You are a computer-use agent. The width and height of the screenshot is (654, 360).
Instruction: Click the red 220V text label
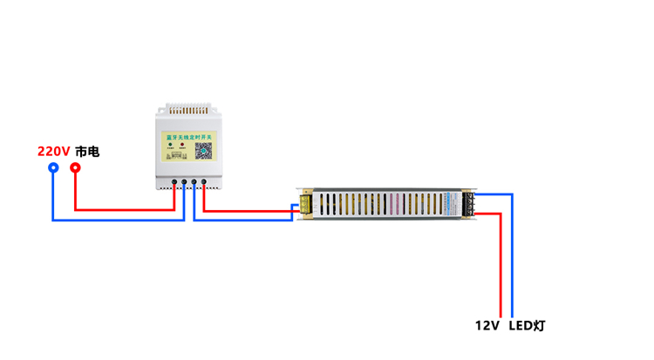[53, 152]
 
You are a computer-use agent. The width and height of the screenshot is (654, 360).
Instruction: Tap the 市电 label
[87, 152]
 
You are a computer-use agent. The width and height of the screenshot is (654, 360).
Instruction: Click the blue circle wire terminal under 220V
[53, 167]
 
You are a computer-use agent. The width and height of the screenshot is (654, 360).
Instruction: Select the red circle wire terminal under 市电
[75, 167]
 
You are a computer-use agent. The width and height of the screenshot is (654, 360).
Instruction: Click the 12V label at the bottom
[487, 326]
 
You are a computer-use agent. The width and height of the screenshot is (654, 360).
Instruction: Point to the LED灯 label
[528, 326]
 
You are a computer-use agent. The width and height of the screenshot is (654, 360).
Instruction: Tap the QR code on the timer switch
[203, 151]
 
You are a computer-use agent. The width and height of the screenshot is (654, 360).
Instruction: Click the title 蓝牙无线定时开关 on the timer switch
[188, 136]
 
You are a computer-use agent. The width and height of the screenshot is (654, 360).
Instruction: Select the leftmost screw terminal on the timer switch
[174, 183]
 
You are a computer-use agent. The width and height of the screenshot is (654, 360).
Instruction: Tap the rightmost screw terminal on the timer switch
[204, 183]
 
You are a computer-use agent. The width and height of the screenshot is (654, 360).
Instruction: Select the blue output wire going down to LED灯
[512, 262]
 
